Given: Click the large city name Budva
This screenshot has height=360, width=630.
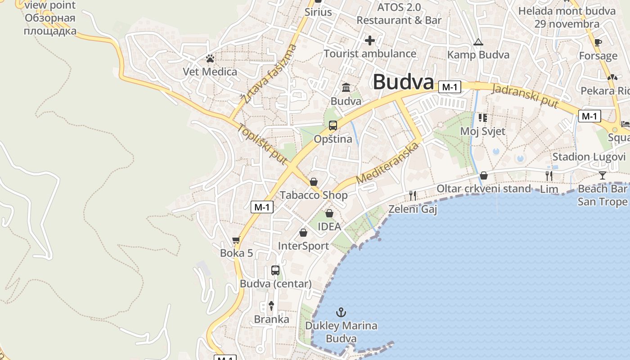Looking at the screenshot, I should click(x=403, y=82).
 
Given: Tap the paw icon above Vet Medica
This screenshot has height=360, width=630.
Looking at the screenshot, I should click(x=210, y=58).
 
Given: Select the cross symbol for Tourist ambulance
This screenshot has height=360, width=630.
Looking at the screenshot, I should click(x=370, y=41).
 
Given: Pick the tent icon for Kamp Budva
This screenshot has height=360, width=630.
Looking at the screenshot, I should click(x=478, y=43).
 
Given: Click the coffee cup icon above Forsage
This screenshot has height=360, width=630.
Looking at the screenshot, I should click(x=598, y=43).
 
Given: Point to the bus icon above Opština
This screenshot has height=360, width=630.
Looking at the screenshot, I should click(x=333, y=126).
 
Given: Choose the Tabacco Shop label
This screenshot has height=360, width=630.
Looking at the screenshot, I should click(x=314, y=195).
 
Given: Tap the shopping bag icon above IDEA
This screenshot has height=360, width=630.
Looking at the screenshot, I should click(x=329, y=213).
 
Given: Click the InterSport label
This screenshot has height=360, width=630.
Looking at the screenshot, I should click(x=303, y=246).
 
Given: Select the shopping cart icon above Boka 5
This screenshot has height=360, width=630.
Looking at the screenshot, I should click(x=236, y=240).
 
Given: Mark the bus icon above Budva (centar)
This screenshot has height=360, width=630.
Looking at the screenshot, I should click(x=275, y=270).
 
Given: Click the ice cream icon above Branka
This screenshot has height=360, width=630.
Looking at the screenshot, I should click(x=271, y=306).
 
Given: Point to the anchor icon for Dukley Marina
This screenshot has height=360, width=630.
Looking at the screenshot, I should click(x=342, y=312).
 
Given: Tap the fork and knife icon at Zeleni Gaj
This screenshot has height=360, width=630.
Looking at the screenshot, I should click(x=413, y=196).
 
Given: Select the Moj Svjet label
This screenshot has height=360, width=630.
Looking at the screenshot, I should click(x=483, y=131).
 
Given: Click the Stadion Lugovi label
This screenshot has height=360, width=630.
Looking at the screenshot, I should click(x=589, y=157).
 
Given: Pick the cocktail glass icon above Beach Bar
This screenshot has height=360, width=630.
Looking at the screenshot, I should click(x=603, y=175).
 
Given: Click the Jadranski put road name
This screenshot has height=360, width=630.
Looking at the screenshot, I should click(x=525, y=96).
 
